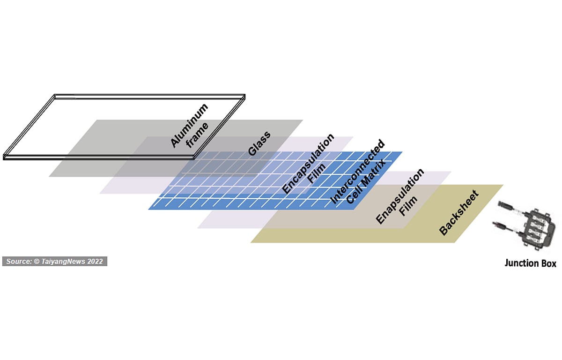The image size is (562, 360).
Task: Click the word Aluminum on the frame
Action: [189, 125]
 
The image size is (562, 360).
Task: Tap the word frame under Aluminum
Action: [197, 135]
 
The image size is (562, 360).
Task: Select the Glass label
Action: [259, 143]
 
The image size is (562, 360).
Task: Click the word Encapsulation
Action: [308, 164]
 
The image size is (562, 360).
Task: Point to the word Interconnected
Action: [357, 172]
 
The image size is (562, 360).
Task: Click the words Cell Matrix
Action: [366, 181]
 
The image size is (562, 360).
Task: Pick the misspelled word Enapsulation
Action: [400, 196]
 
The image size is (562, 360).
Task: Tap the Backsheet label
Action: [459, 213]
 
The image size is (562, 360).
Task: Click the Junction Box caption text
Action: [530, 263]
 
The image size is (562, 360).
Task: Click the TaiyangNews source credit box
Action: [55, 262]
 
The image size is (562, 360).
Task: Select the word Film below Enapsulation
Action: [408, 206]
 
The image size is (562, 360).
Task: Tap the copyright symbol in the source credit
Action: [37, 262]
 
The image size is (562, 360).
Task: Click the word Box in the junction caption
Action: [549, 263]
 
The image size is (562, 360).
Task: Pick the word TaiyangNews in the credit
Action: [63, 262]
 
